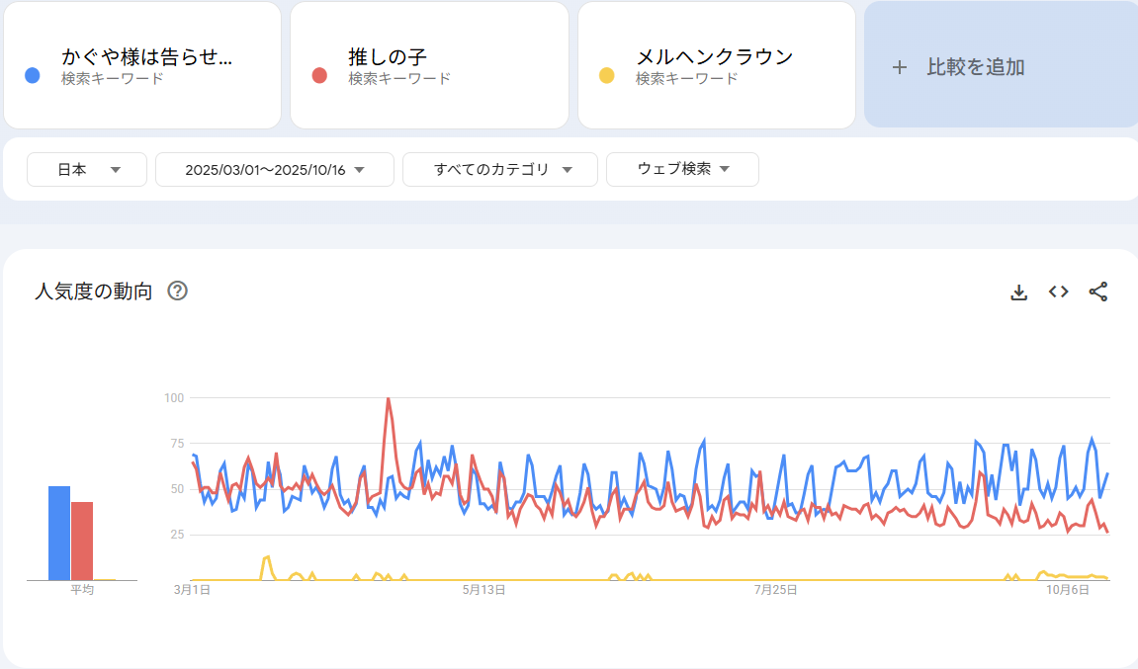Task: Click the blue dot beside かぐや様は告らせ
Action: click(x=33, y=76)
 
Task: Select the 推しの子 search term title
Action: click(x=388, y=56)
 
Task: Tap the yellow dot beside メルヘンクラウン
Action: click(x=607, y=76)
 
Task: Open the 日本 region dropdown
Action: click(x=87, y=169)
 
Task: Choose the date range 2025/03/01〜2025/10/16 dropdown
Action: click(x=275, y=169)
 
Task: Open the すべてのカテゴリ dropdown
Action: click(x=500, y=169)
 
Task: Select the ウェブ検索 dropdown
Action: click(x=682, y=169)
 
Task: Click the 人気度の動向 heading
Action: click(x=94, y=292)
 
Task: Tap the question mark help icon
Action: click(x=178, y=291)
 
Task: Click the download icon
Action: click(x=1018, y=292)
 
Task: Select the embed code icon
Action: click(x=1058, y=292)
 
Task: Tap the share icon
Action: click(x=1097, y=292)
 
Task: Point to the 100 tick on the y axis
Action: click(x=174, y=397)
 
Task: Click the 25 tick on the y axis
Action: click(x=177, y=535)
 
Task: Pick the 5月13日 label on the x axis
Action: click(x=484, y=590)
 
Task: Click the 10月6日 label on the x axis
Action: click(x=1068, y=590)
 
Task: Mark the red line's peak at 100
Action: click(x=388, y=398)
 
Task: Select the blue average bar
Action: click(x=59, y=533)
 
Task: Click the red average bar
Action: click(x=81, y=541)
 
